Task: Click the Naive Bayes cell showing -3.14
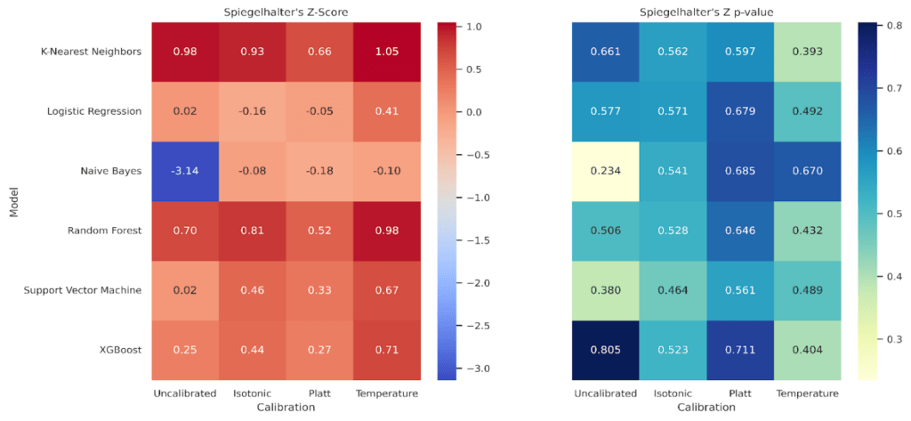tap(184, 171)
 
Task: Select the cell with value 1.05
tap(387, 51)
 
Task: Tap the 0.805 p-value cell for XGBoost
tap(605, 350)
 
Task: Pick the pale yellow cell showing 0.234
tap(605, 171)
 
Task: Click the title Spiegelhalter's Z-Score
tap(286, 10)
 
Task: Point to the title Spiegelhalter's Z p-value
tap(706, 10)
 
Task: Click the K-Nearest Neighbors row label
tap(91, 51)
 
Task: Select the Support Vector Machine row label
tap(82, 290)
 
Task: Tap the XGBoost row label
tap(118, 350)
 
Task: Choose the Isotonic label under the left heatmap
tap(252, 393)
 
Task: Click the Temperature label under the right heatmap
tap(808, 393)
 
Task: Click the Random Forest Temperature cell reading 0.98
tap(387, 231)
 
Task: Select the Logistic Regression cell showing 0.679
tap(740, 111)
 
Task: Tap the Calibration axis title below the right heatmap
tap(706, 407)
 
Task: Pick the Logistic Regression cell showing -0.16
tap(252, 111)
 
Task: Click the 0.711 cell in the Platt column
tap(740, 350)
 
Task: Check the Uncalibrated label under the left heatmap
tap(184, 393)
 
